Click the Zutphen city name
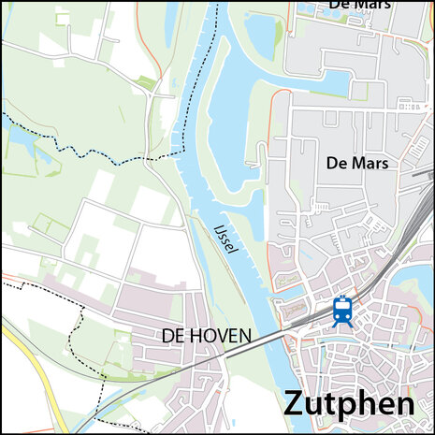tap(348, 405)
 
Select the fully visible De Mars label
tap(356, 163)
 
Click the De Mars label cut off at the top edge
tap(358, 5)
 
